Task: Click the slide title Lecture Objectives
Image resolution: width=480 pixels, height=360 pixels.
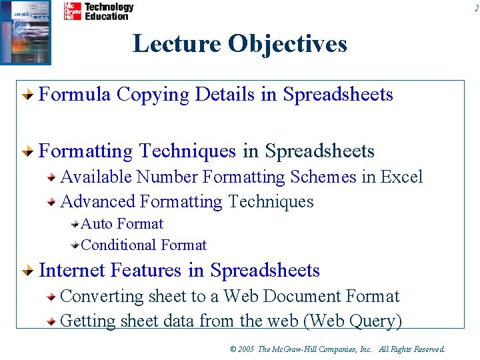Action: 240,44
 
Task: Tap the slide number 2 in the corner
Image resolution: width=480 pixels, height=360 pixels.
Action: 476,8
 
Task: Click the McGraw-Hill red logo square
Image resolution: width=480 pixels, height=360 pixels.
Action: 72,11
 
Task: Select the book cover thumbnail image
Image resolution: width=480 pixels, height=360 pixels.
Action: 25,32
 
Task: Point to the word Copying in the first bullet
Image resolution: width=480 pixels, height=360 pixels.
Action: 153,95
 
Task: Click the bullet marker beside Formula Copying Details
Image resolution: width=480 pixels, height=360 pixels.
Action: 27,95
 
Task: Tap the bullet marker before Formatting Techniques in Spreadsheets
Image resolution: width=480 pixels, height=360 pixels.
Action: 27,152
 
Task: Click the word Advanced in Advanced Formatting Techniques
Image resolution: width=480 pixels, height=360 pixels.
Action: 98,201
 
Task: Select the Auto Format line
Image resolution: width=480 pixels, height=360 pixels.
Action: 122,224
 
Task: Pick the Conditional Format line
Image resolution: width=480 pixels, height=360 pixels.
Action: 143,245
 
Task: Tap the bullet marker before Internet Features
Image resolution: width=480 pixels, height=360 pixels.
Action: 27,271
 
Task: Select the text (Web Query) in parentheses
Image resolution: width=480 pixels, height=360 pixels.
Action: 353,321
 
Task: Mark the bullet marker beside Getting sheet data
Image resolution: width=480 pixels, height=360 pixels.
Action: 51,321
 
